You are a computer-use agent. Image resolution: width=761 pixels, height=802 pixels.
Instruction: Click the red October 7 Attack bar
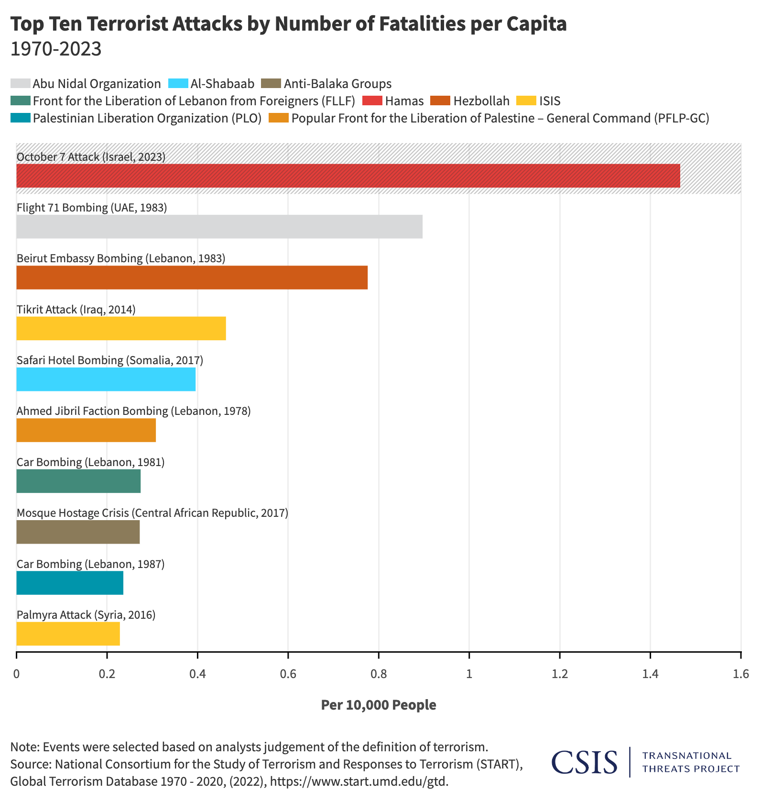click(348, 176)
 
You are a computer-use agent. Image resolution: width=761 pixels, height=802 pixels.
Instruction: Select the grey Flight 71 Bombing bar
click(219, 226)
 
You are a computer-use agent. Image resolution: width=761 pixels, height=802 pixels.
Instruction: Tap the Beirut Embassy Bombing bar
click(192, 278)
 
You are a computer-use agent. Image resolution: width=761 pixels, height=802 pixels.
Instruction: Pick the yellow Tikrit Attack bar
click(121, 328)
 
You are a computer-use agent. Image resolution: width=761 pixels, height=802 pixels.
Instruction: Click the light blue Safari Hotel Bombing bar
click(106, 379)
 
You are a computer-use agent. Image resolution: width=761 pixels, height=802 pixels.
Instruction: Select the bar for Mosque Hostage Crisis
click(78, 532)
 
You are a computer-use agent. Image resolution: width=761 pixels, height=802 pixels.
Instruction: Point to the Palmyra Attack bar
click(68, 634)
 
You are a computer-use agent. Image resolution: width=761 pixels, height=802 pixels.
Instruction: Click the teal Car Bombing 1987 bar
click(70, 583)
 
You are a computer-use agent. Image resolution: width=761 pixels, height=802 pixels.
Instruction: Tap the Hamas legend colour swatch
click(372, 101)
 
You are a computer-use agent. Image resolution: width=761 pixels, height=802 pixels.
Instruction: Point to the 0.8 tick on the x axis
click(379, 674)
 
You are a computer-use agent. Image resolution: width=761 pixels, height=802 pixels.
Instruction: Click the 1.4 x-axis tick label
click(650, 674)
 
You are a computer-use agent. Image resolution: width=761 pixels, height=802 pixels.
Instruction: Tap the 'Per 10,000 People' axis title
click(379, 705)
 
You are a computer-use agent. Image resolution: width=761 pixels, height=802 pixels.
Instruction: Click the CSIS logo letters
click(584, 762)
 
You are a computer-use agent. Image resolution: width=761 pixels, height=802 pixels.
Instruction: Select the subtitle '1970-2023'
click(56, 49)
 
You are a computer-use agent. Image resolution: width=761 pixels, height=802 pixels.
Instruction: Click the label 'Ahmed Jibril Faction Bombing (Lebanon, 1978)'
click(134, 411)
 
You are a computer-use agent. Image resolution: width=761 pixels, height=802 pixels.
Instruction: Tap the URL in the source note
click(359, 781)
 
